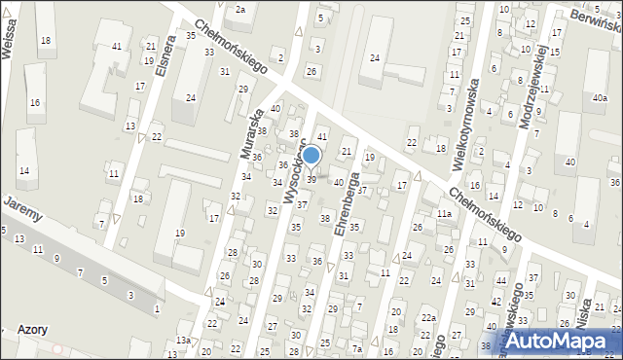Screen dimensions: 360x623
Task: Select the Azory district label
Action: [32, 330]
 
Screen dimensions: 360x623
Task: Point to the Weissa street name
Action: [10, 43]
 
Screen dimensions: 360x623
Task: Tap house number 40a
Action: [599, 98]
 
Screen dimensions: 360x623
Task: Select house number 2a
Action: [239, 9]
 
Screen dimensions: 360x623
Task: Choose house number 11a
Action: [444, 213]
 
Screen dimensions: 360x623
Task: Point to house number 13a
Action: [183, 340]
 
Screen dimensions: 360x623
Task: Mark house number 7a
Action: [357, 349]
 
